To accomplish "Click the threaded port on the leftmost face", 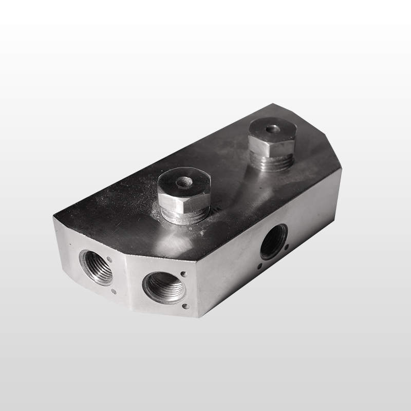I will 97,267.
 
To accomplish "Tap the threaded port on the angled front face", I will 163,287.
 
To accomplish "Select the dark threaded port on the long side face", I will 273,241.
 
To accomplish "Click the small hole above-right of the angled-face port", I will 183,273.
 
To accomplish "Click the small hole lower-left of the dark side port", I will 259,266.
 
